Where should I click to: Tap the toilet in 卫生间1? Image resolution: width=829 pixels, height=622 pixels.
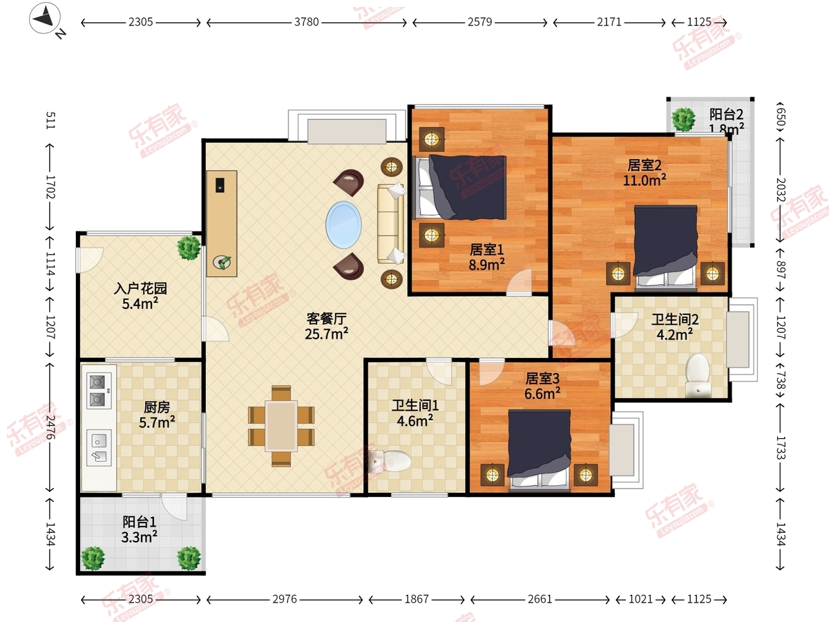(390, 461)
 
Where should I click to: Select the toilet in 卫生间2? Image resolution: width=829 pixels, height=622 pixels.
(698, 376)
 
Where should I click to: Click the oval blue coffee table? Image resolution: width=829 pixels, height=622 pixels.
(343, 225)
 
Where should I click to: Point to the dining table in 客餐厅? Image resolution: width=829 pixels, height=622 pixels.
(281, 426)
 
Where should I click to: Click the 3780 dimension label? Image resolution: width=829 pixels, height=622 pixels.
(306, 22)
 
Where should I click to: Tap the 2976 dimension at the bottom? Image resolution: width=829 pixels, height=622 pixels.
(285, 599)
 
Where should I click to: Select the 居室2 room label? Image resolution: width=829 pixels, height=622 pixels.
(645, 165)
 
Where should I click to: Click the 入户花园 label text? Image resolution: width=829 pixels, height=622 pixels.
(140, 288)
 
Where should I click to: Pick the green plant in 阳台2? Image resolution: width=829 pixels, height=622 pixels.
(683, 119)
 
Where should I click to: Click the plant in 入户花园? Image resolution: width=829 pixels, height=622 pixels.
(189, 247)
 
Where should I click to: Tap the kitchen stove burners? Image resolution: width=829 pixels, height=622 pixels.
(99, 390)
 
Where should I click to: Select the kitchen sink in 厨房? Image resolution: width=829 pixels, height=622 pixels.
(99, 448)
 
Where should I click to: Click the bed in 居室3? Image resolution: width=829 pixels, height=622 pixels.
(539, 450)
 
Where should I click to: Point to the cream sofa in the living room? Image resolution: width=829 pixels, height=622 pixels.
(391, 223)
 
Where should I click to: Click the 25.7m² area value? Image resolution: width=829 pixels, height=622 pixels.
(326, 334)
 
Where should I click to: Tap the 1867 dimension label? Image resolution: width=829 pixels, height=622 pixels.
(417, 599)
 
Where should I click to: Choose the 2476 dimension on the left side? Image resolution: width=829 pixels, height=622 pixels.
(50, 427)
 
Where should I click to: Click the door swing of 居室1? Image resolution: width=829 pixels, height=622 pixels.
(520, 282)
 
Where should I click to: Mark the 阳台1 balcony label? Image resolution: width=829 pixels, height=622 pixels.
(139, 522)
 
